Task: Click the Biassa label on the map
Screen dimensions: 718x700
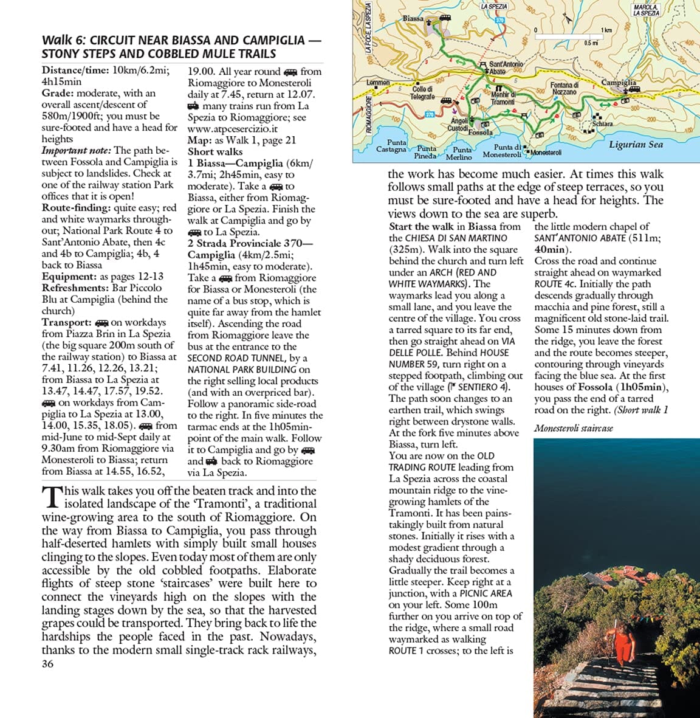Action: (x=413, y=18)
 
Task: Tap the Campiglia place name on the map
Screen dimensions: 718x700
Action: (x=619, y=82)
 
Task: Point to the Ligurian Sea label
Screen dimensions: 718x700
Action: (x=636, y=145)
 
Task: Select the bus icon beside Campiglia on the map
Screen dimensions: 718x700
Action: (x=634, y=89)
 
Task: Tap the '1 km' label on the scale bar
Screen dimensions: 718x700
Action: (x=606, y=30)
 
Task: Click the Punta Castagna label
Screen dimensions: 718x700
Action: (x=391, y=146)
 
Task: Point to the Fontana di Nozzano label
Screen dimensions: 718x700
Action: (x=564, y=88)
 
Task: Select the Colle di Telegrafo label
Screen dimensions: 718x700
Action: (x=422, y=93)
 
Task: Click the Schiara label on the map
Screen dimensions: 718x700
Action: (x=602, y=124)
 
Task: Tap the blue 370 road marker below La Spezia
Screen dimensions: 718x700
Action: (x=499, y=20)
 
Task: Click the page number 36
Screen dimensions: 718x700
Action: (x=47, y=664)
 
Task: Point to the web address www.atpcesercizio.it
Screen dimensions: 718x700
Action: (x=232, y=129)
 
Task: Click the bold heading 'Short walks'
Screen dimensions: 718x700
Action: (x=214, y=152)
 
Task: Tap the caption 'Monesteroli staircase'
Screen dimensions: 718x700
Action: (x=573, y=428)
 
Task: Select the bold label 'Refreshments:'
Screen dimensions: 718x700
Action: (x=75, y=288)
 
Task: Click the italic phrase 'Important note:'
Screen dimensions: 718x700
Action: (x=76, y=151)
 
